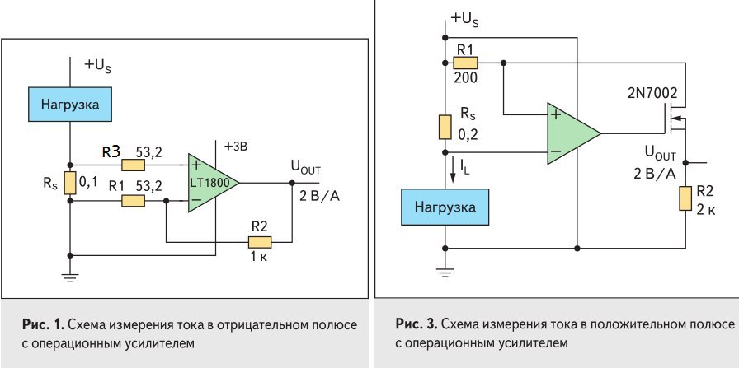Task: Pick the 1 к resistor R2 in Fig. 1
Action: click(x=259, y=242)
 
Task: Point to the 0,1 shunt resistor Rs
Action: click(x=70, y=181)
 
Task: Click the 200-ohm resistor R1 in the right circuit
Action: click(x=466, y=63)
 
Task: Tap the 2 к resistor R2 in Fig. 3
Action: click(x=685, y=198)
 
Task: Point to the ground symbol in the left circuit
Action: click(x=70, y=277)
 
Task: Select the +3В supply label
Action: click(x=236, y=146)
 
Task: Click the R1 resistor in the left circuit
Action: click(x=133, y=200)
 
